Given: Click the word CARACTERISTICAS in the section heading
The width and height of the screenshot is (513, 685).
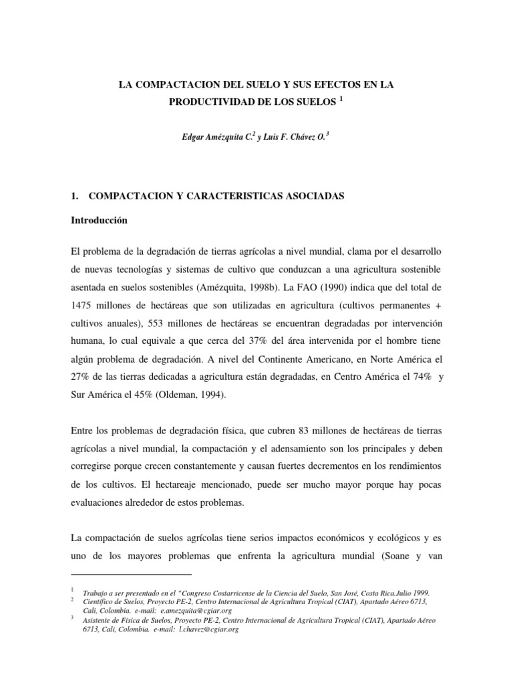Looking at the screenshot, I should pyautogui.click(x=224, y=196).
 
